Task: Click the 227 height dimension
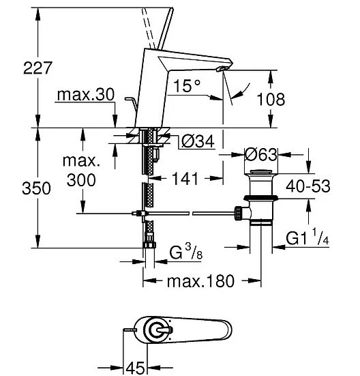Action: (x=37, y=68)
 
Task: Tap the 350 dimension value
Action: (x=36, y=188)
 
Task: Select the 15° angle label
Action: (x=187, y=86)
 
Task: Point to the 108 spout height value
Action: (x=271, y=99)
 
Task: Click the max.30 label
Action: (x=86, y=94)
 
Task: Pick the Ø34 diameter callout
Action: (x=198, y=141)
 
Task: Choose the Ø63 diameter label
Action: (x=261, y=154)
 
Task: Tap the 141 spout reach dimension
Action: (x=185, y=179)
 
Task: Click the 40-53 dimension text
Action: (x=308, y=186)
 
